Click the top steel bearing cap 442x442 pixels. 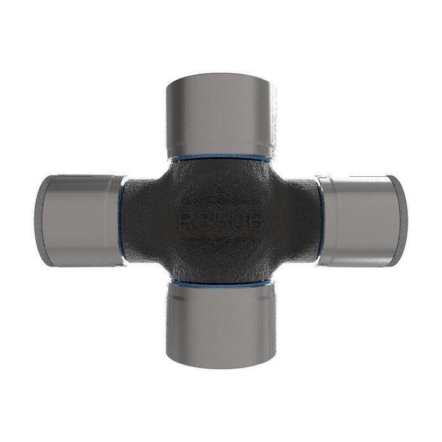pos(220,117)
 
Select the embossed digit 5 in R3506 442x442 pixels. pos(220,222)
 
